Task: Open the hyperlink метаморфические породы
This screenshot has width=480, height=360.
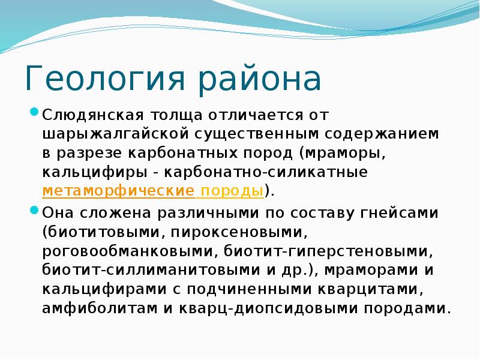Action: tap(154, 191)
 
